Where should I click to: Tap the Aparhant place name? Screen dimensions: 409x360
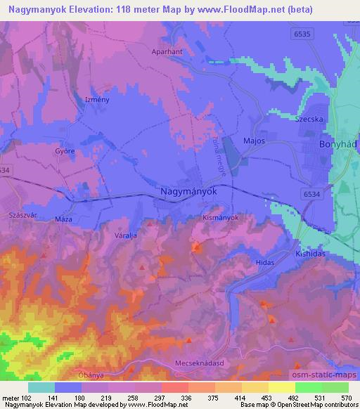coord(167,52)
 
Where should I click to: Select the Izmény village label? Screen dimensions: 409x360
coord(96,100)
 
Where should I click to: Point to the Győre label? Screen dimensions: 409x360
coord(65,151)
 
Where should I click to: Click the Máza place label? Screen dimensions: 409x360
coord(64,219)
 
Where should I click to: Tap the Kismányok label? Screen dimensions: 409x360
coord(221,218)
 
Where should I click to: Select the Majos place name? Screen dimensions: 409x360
coord(253,141)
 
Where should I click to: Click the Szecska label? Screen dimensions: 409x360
coord(309,119)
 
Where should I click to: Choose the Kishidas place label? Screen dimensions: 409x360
coord(310,253)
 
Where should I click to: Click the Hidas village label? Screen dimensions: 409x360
coord(264,261)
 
